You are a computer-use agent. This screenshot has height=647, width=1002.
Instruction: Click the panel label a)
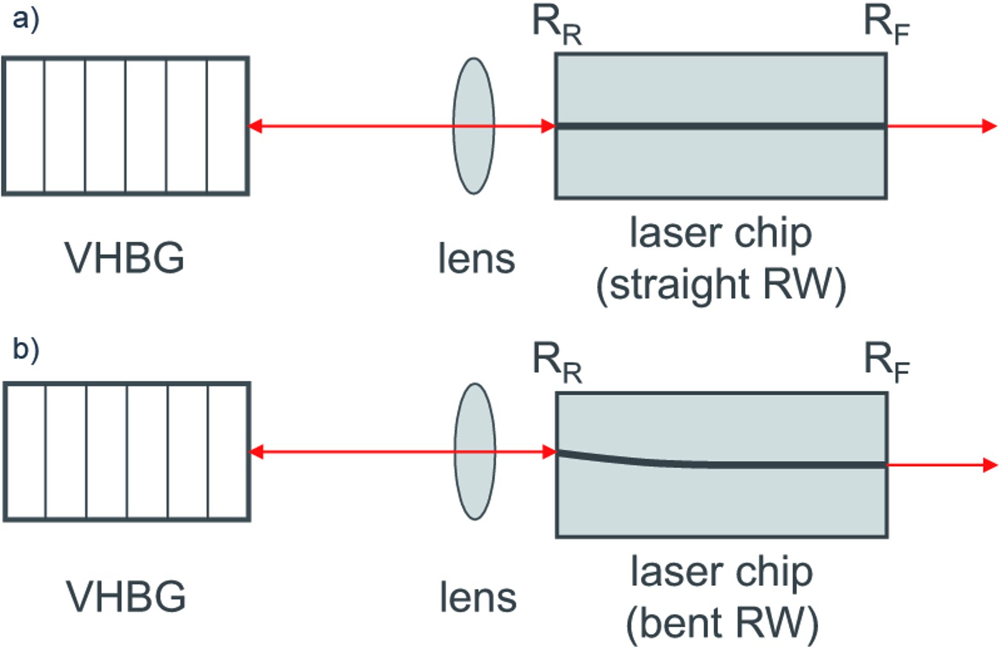(26, 20)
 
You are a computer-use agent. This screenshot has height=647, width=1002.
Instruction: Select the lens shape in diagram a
(473, 126)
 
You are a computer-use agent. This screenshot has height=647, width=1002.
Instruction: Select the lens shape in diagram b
(475, 452)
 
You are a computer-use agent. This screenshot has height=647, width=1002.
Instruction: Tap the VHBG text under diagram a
(124, 257)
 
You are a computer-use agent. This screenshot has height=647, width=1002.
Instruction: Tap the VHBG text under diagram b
(126, 596)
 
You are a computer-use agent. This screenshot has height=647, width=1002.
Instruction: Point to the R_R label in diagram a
(557, 26)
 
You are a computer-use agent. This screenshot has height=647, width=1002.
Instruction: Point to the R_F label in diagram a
(887, 26)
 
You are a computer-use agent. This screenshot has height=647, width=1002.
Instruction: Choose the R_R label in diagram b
(557, 363)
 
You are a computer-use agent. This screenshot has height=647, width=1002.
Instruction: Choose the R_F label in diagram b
(887, 363)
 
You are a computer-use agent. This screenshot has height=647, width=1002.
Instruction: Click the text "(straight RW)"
(721, 285)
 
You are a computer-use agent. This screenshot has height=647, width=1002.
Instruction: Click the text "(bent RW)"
(722, 624)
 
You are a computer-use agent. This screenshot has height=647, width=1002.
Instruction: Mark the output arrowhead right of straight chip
(989, 126)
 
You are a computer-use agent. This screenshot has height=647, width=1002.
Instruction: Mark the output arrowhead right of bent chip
(990, 465)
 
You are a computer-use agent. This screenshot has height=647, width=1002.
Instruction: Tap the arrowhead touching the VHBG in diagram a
(255, 126)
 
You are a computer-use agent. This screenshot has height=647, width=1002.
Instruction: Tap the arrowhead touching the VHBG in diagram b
(256, 452)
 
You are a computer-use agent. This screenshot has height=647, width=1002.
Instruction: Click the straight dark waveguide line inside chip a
(721, 126)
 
